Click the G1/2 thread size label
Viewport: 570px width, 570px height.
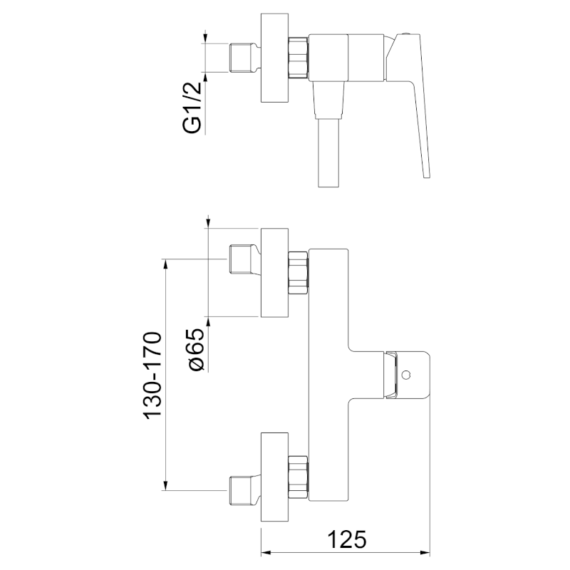(x=191, y=108)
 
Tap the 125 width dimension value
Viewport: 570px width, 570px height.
(x=347, y=539)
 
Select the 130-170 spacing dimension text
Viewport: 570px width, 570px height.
(x=152, y=375)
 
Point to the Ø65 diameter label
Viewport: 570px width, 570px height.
(x=197, y=349)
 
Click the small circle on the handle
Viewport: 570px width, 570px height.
(x=406, y=375)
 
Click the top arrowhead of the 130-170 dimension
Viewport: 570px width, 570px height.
(x=166, y=264)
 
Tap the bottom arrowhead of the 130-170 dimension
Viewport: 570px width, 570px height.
(x=166, y=485)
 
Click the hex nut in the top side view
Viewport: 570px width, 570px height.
(x=299, y=57)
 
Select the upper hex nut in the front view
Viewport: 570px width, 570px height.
(x=299, y=273)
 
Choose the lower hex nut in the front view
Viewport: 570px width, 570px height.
(x=299, y=477)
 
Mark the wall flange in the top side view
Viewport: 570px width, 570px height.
(x=274, y=58)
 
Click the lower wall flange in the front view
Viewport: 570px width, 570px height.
(x=274, y=477)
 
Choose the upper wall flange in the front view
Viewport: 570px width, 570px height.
(x=274, y=273)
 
